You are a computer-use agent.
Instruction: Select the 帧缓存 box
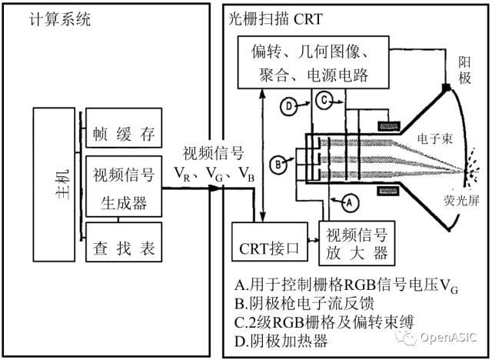124,132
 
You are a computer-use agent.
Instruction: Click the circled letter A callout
349,203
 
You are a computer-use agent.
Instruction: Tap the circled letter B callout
278,163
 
